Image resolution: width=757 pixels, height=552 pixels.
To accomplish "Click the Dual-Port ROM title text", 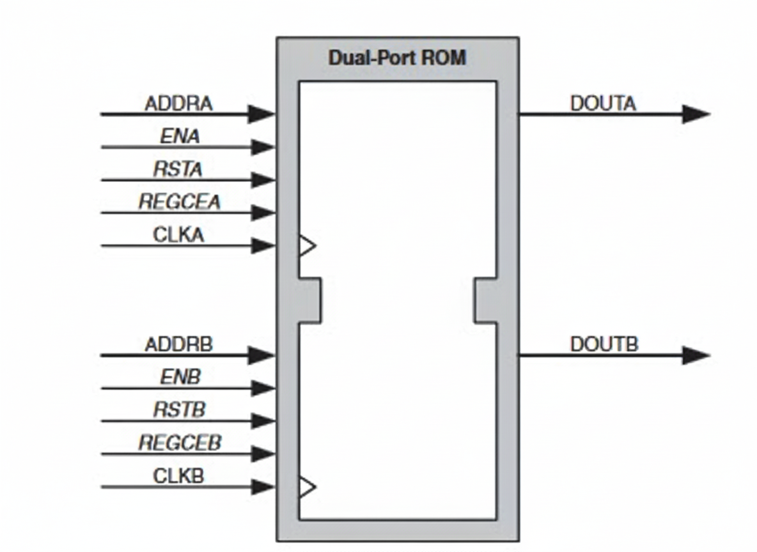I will pos(397,58).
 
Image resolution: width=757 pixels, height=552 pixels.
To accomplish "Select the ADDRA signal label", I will pos(178,103).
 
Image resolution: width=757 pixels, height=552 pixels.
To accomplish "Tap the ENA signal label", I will pos(180,136).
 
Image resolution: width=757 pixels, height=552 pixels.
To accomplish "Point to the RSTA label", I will pos(178,169).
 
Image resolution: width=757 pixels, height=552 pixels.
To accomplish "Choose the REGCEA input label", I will pos(180,202).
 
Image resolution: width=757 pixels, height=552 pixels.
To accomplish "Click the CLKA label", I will pos(178,235).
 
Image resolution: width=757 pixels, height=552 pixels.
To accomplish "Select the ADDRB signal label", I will pos(178,345).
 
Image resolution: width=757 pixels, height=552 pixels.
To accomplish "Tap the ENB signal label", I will pos(180,378).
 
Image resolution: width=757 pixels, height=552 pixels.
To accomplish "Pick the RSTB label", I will pos(179,410).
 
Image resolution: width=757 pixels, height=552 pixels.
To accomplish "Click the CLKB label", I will pos(178,476).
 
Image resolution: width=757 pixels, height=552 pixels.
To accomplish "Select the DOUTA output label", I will pos(603,103).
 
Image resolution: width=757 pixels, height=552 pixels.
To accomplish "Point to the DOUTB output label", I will pos(604,345).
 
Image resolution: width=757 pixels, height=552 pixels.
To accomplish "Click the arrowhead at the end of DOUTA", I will pos(696,114).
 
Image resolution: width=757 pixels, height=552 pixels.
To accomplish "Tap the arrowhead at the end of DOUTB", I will pos(696,356).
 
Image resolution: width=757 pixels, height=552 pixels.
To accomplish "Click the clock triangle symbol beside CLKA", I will pos(307,245).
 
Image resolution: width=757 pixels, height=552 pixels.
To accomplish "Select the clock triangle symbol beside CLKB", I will pos(307,487).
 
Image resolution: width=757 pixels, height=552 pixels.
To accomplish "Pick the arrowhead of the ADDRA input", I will pos(261,114).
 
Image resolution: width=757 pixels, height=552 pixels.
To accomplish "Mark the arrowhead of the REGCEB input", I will pos(263,454).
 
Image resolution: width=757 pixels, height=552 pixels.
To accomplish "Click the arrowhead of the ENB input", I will pos(263,388).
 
